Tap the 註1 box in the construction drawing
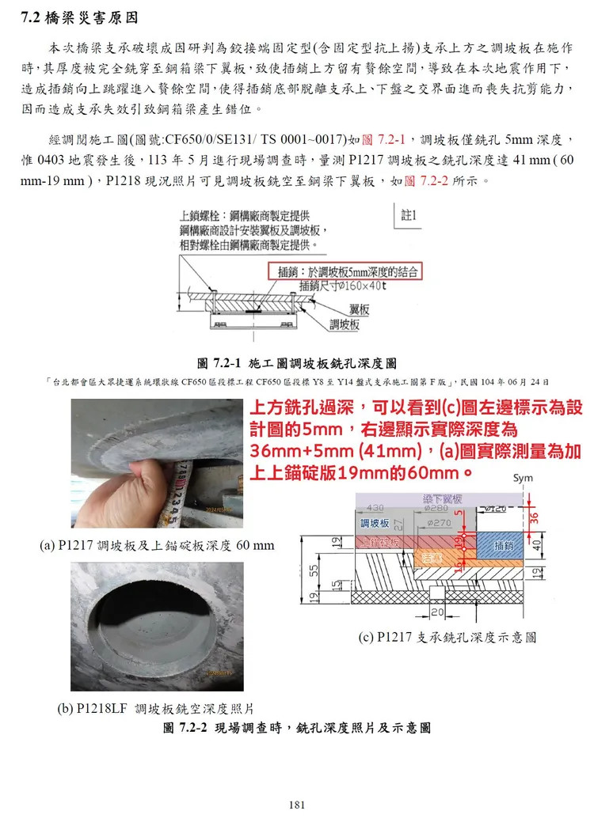[x=409, y=215]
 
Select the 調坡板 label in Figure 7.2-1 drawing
[x=345, y=324]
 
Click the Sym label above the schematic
[x=523, y=478]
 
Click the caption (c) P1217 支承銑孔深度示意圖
[x=447, y=637]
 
